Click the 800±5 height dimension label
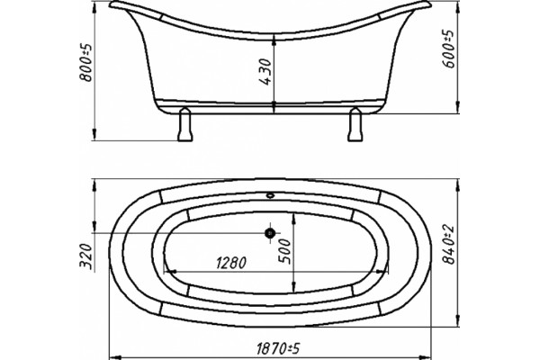pos(86,63)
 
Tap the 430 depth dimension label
pos(265,72)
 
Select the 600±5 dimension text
pos(449,49)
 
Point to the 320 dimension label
pos(86,256)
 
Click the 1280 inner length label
pos(231,263)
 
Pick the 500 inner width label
pos(284,252)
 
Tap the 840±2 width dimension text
pos(449,245)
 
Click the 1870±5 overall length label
pos(278,348)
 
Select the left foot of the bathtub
pos(184,124)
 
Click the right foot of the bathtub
pos(355,124)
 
